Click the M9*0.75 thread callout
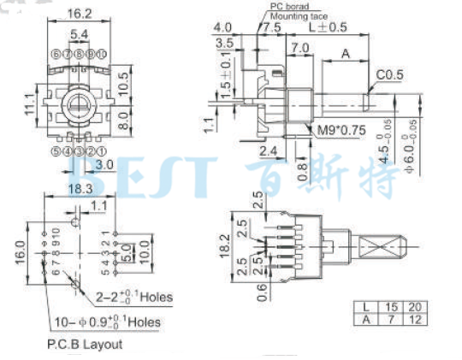tap(335, 130)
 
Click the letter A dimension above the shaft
tap(346, 53)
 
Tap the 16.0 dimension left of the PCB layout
tap(19, 253)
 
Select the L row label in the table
tap(365, 306)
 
